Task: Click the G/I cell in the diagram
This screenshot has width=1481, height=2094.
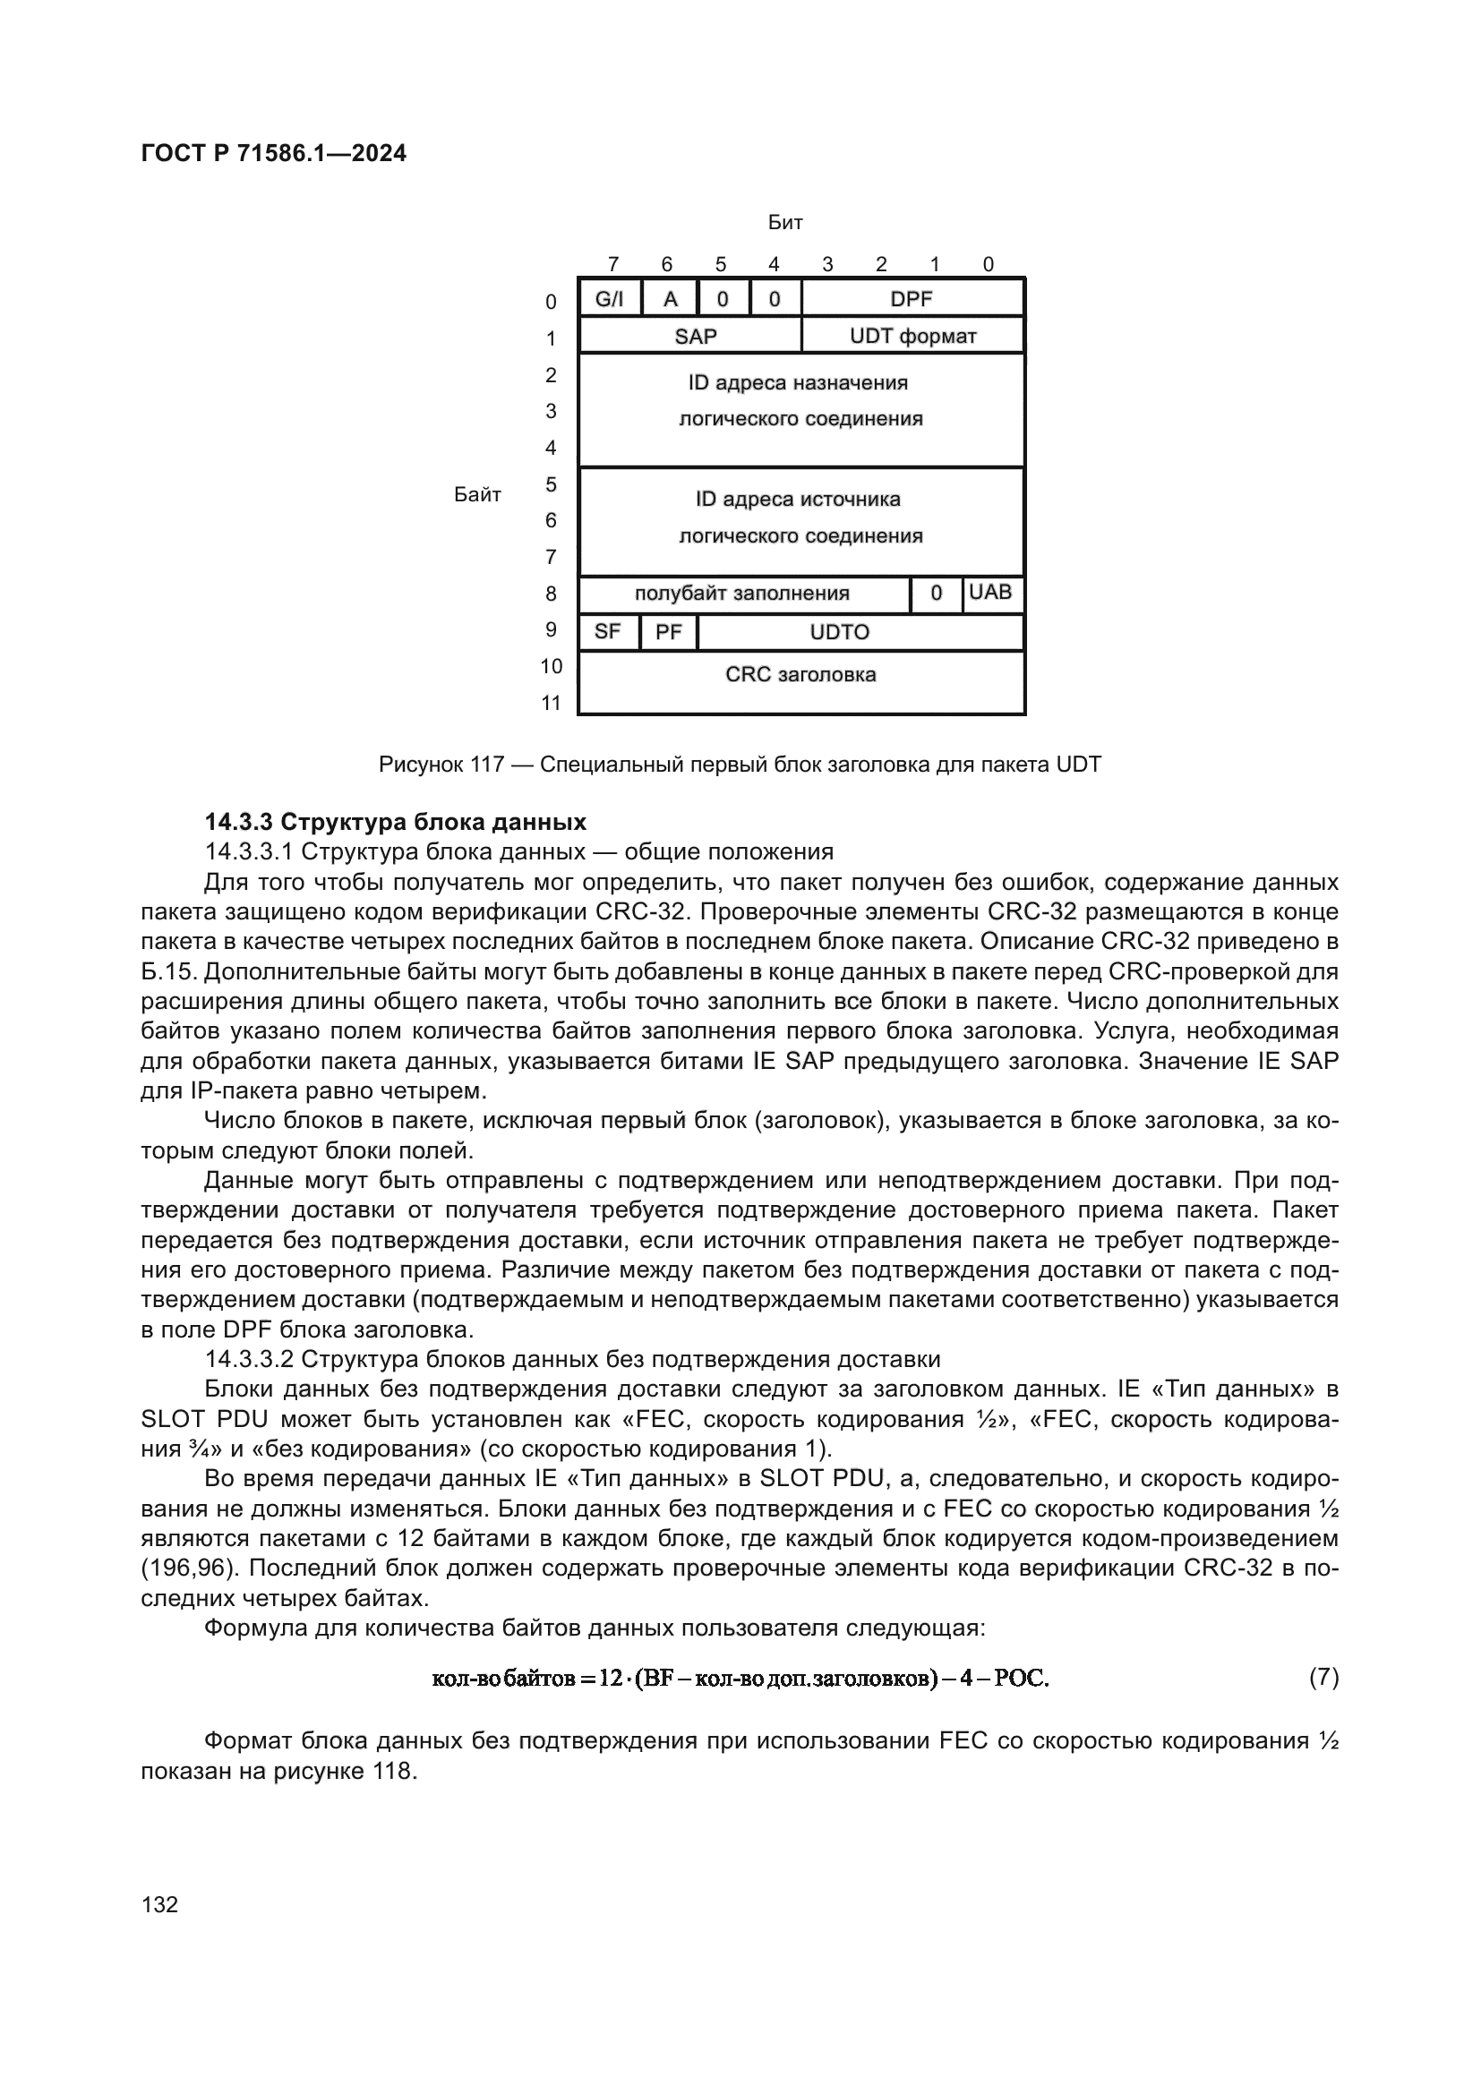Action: point(609,299)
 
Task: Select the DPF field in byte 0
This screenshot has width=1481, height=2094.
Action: point(911,299)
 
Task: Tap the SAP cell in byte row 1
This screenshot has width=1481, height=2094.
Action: point(695,337)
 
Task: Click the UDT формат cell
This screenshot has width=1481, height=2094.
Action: point(912,337)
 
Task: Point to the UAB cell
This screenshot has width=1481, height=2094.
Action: point(990,593)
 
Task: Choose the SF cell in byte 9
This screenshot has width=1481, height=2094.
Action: point(607,632)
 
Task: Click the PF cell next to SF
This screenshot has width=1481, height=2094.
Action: point(669,632)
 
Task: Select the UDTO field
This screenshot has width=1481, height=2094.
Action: point(839,632)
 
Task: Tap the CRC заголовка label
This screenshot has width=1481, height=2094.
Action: point(800,675)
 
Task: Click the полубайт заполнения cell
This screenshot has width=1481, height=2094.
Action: point(741,594)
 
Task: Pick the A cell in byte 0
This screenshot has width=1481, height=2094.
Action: point(671,299)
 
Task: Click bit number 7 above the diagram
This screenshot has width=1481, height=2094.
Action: point(612,264)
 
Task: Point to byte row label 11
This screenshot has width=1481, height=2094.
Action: point(551,703)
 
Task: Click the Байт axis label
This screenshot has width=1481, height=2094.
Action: point(477,495)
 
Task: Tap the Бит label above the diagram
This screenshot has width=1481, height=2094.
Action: point(784,223)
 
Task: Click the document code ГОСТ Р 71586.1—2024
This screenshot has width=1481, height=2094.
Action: point(274,153)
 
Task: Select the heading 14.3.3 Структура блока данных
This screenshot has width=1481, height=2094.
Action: point(395,822)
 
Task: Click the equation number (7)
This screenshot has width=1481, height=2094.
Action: point(1323,1677)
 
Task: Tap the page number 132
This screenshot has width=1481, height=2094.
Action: point(159,1904)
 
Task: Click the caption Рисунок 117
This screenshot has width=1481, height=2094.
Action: point(739,765)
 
